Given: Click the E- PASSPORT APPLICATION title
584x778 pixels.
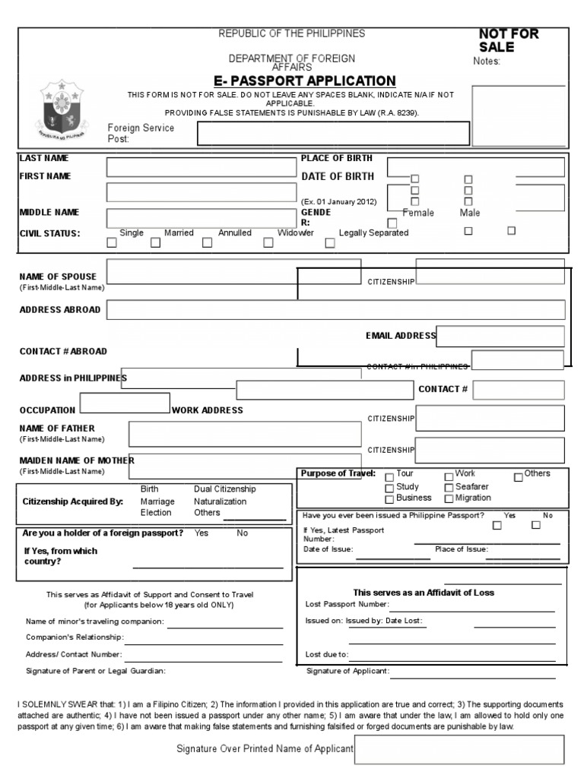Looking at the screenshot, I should point(304,81).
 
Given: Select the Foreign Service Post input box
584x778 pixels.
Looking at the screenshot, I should point(333,133).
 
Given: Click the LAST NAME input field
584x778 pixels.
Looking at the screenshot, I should point(202,167).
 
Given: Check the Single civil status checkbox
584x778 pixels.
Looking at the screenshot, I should point(112,244).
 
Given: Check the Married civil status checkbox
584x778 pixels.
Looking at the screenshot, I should point(155,244).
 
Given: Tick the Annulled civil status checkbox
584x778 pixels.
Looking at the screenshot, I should point(208,244).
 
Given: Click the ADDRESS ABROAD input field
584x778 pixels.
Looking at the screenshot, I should point(336,309).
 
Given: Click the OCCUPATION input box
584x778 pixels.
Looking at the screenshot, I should point(124,403).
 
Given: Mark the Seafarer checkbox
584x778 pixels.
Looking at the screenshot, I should point(449,488).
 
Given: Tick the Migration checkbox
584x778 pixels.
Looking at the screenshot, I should point(449,499).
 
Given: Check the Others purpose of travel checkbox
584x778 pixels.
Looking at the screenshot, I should point(519,477).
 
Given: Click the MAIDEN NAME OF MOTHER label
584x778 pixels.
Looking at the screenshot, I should point(76,460).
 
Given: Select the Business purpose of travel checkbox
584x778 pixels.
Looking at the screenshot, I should point(390,499).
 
